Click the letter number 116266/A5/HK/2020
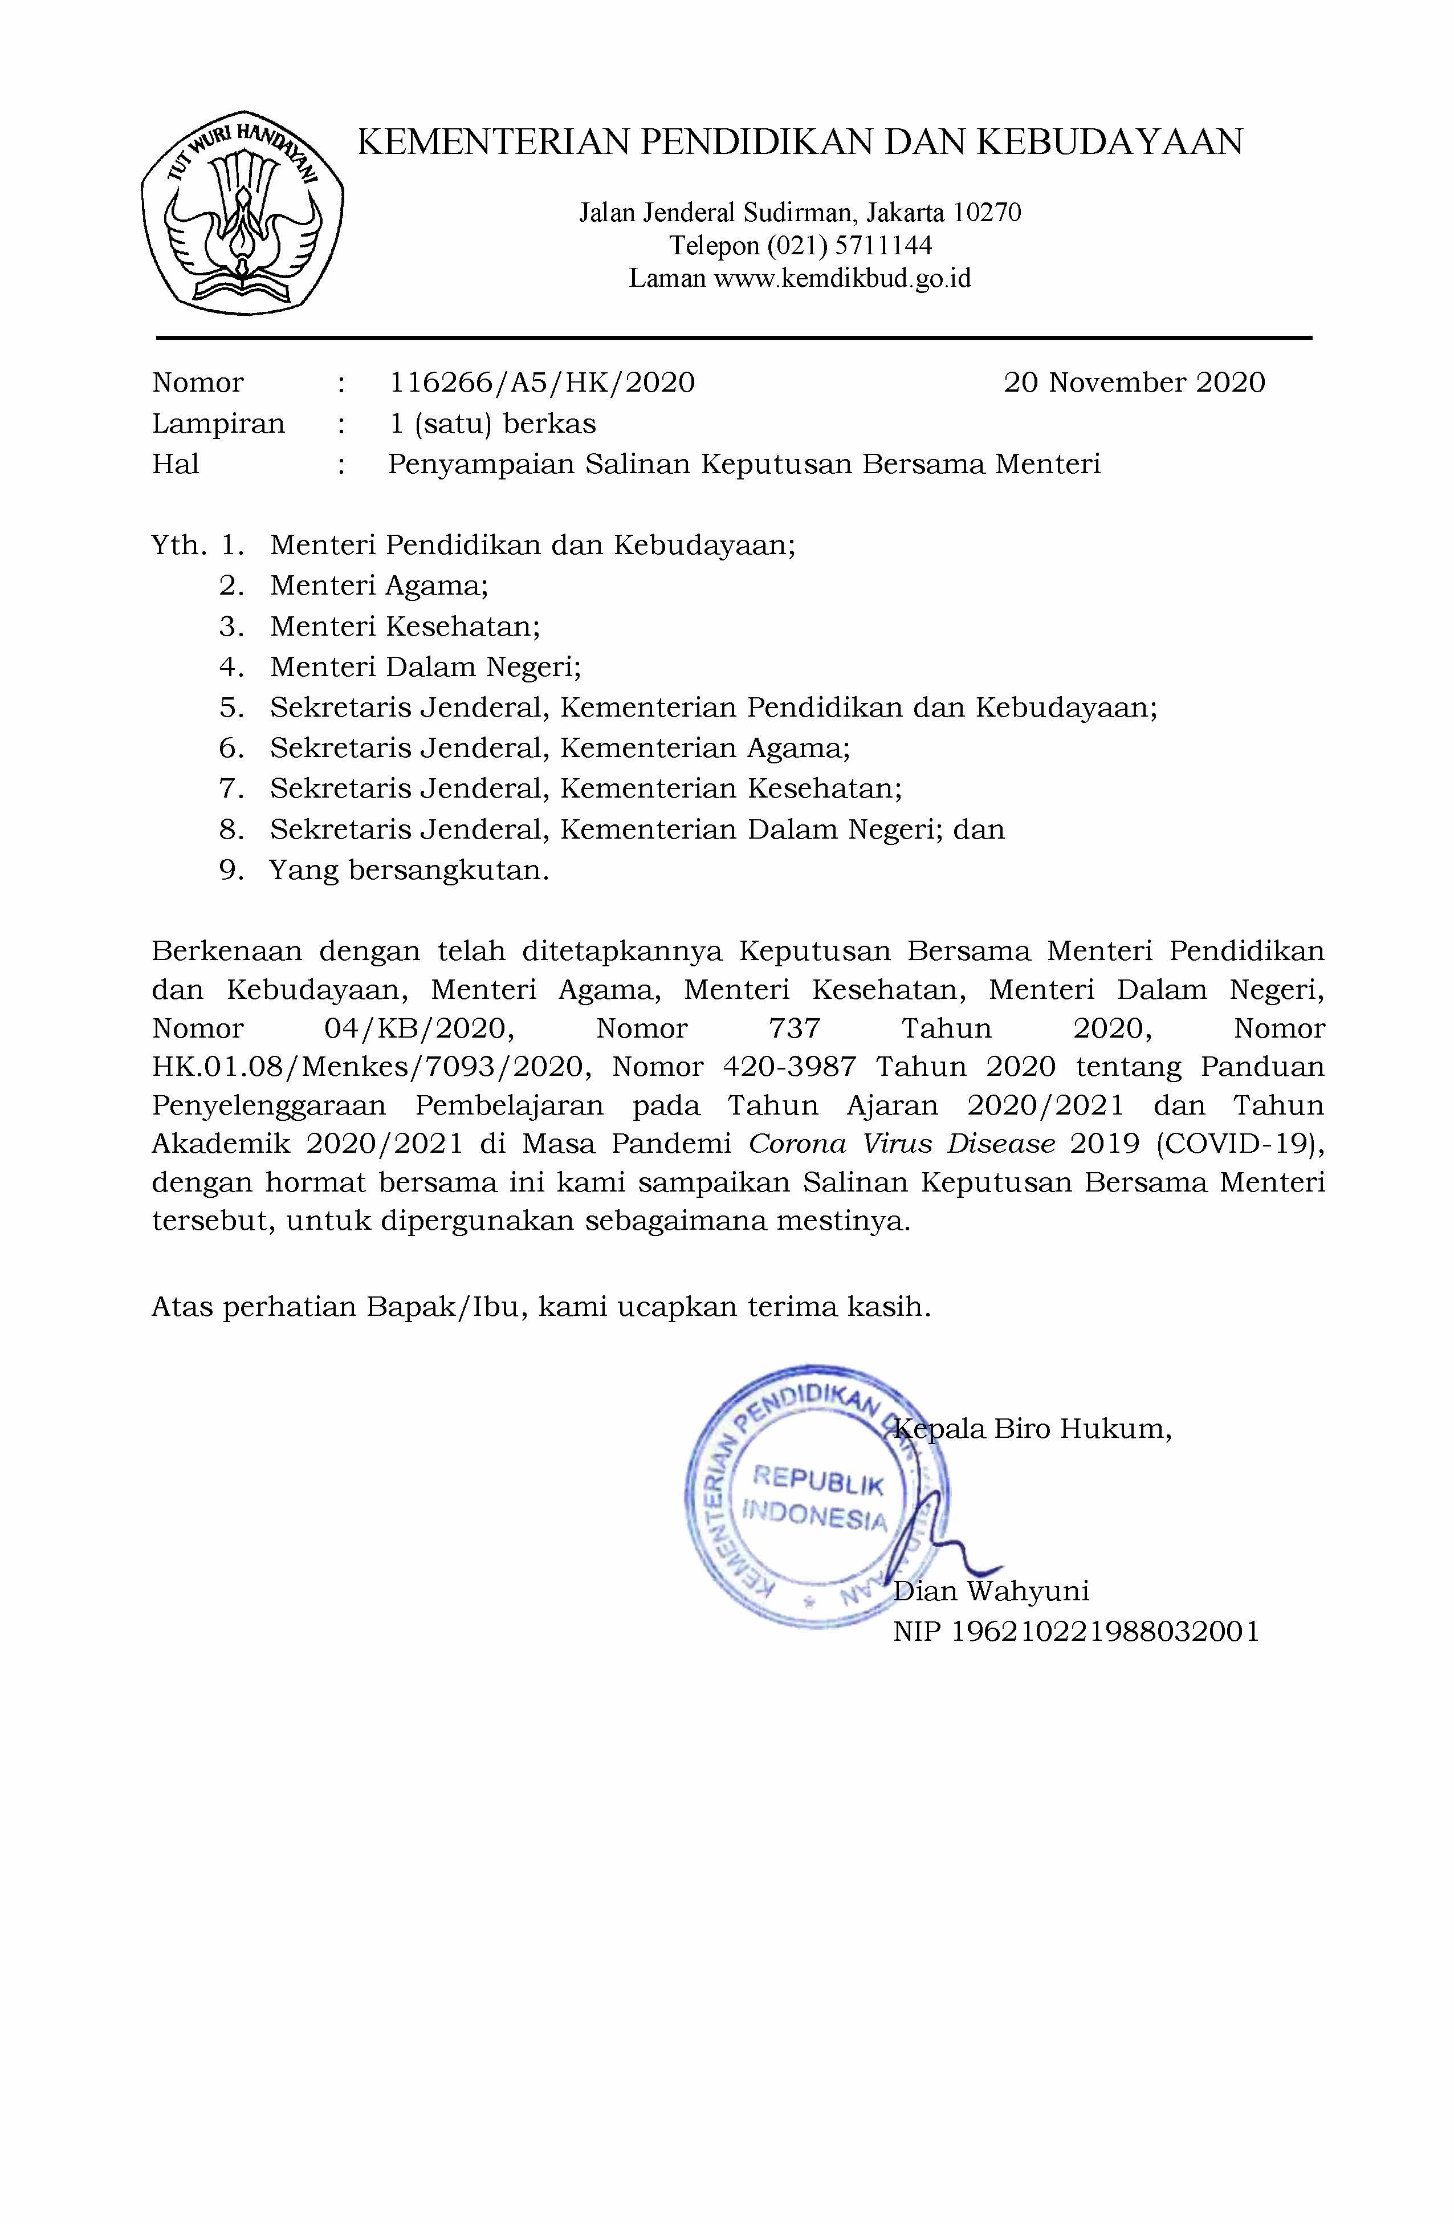point(542,382)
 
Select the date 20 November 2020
point(1134,382)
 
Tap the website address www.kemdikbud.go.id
point(842,278)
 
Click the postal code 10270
point(986,213)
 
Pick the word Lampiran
point(218,424)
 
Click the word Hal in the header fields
point(176,465)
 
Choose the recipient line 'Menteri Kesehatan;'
point(405,626)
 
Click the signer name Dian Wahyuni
point(991,1591)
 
